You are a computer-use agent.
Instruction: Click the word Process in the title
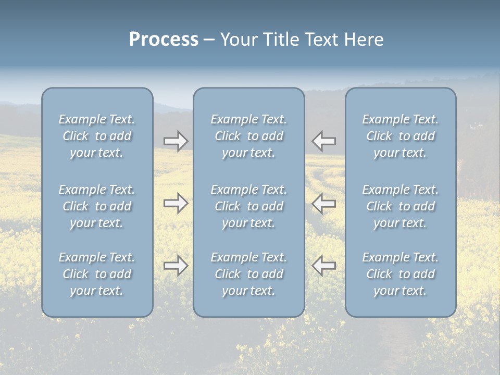[x=164, y=40]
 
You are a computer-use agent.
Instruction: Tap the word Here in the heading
[x=364, y=40]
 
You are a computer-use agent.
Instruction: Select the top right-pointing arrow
[x=176, y=141]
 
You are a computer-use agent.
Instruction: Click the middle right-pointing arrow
[x=176, y=203]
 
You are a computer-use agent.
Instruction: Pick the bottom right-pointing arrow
[x=176, y=266]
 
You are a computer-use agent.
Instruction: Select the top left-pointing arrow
[x=323, y=141]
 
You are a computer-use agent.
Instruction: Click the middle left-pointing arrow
[x=323, y=203]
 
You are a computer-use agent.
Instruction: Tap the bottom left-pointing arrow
[x=323, y=266]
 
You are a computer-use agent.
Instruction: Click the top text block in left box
[x=97, y=136]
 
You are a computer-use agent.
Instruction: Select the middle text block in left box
[x=97, y=206]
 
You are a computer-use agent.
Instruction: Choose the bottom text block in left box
[x=97, y=274]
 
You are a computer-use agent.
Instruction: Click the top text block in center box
[x=249, y=136]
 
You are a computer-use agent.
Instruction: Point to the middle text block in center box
[x=249, y=206]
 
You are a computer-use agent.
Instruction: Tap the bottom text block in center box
[x=249, y=274]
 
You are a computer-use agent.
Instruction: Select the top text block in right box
[x=401, y=136]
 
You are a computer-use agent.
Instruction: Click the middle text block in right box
[x=401, y=206]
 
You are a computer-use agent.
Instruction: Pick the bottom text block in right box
[x=401, y=274]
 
